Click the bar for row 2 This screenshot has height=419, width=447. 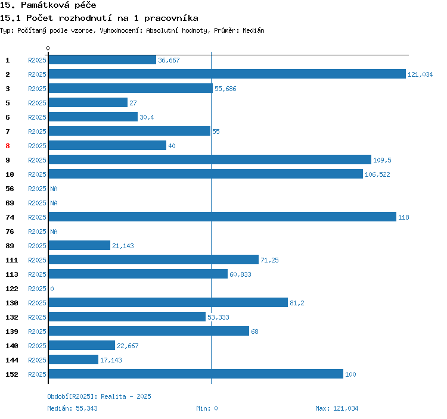[226, 74]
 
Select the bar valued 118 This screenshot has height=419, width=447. [222, 217]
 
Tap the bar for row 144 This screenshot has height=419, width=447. [73, 360]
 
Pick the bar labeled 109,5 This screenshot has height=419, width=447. [209, 160]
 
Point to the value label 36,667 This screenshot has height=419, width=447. [169, 60]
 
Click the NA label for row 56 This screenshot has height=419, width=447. [54, 189]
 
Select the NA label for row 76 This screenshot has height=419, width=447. [54, 232]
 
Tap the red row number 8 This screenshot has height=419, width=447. [8, 146]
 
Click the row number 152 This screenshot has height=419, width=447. [12, 374]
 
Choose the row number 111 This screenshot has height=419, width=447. [12, 260]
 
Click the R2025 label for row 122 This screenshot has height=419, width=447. [37, 289]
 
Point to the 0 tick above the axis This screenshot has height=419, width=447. [48, 48]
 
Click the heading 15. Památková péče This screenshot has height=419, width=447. [48, 5]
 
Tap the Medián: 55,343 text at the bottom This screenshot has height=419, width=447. [73, 408]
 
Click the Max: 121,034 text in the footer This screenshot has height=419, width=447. [337, 408]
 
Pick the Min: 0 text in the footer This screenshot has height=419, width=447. [207, 408]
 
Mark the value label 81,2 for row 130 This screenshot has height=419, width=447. [297, 303]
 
